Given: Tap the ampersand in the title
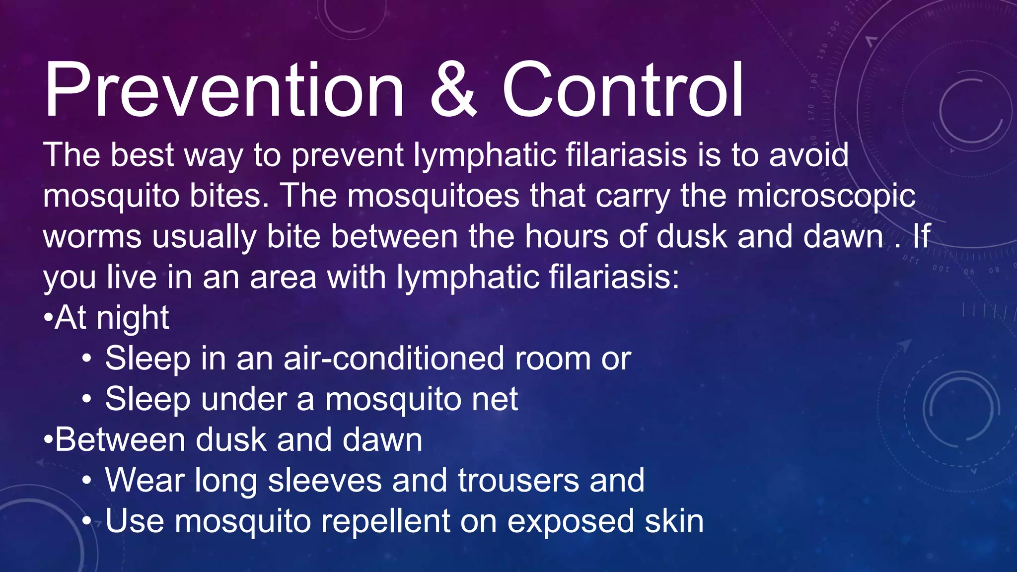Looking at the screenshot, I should click(x=453, y=90).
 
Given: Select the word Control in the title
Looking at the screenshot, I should click(x=623, y=90).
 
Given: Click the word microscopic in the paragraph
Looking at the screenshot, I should click(x=826, y=196).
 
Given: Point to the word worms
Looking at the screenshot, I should click(x=92, y=237).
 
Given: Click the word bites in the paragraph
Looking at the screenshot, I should click(x=230, y=196).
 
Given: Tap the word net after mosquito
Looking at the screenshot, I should click(x=495, y=399).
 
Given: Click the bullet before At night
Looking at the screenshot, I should click(x=48, y=318).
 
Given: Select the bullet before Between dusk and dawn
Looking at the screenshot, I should click(x=48, y=440).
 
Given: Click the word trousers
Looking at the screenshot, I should click(x=518, y=481).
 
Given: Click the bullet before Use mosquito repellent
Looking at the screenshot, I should click(x=87, y=522).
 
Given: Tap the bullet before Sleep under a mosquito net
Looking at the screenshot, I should click(x=87, y=400).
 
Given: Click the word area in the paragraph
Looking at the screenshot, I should click(x=283, y=278).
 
